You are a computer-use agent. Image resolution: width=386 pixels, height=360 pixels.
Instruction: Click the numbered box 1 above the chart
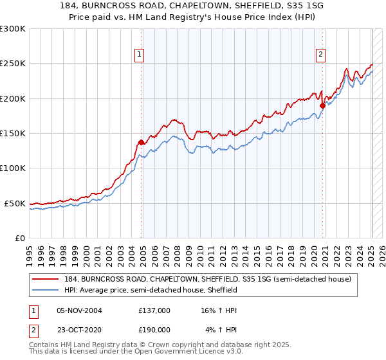tap(139, 55)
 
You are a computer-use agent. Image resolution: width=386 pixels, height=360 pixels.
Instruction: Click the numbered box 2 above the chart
tap(320, 55)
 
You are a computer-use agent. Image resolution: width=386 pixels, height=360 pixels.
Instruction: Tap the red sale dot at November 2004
tap(141, 142)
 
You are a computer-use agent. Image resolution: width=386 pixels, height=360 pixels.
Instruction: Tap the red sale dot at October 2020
tap(322, 105)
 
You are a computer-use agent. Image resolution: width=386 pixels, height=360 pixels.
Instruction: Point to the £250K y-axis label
tap(13, 64)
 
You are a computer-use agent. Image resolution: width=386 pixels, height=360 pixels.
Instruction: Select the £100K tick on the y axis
tap(13, 168)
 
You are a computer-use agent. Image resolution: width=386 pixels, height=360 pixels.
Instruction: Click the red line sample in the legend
tap(46, 279)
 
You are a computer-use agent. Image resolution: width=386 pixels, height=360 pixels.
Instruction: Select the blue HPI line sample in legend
tap(46, 290)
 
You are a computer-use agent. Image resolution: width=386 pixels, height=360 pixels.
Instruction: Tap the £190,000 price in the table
tap(154, 329)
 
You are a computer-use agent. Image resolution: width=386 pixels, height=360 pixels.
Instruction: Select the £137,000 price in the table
tap(154, 310)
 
